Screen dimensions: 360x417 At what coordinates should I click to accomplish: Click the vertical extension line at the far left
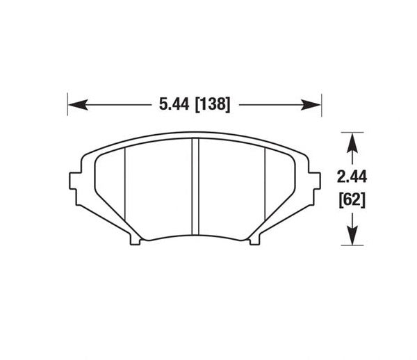click(x=67, y=104)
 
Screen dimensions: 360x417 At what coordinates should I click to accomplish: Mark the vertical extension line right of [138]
click(x=322, y=104)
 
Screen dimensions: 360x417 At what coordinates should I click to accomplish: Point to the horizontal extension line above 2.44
click(x=353, y=132)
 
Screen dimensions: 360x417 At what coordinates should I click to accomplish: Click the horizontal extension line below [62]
click(x=353, y=245)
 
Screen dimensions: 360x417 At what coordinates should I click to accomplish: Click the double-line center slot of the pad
click(x=195, y=188)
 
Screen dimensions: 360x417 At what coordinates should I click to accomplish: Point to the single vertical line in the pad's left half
click(x=124, y=188)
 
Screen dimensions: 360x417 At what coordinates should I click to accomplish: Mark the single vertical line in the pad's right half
click(x=266, y=188)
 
